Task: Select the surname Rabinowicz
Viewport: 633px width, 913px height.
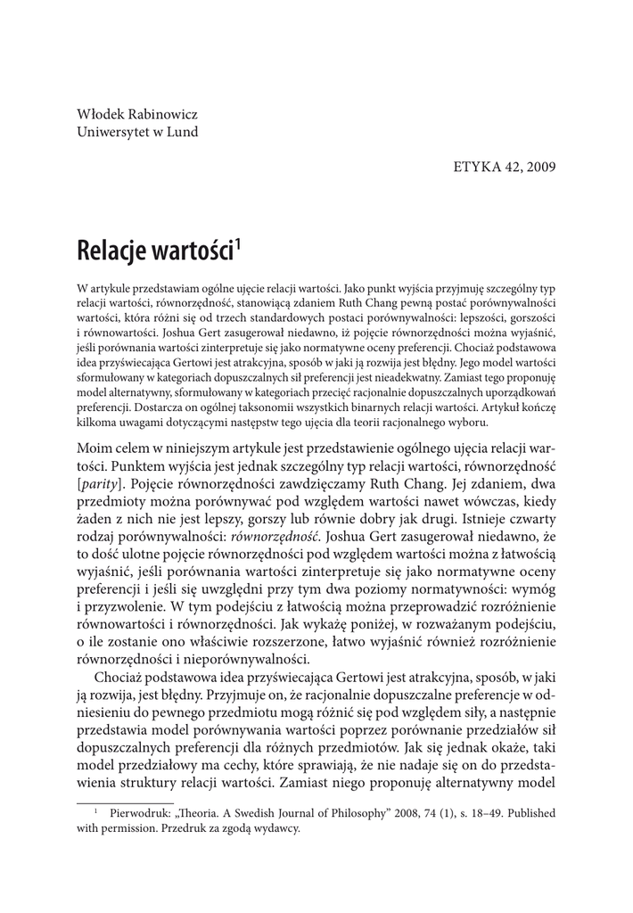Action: click(164, 114)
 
